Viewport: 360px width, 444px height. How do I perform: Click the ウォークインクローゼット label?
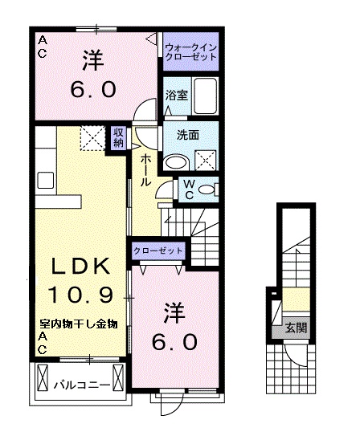(x=191, y=53)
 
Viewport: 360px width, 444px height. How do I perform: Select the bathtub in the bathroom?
(x=205, y=97)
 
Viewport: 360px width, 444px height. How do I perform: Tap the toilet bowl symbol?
(x=207, y=190)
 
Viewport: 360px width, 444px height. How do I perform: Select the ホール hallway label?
(x=145, y=169)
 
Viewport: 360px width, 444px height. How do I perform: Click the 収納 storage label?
(x=118, y=137)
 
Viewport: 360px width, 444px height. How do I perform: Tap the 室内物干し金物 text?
(x=80, y=324)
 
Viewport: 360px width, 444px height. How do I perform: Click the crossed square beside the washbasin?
(x=206, y=161)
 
